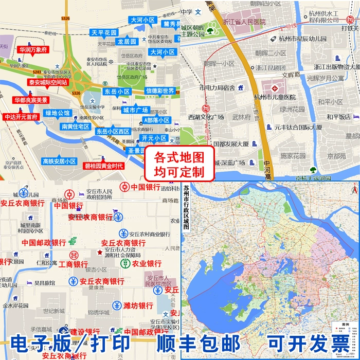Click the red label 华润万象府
pyautogui.click(x=33, y=50)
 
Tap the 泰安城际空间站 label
pyautogui.click(x=48, y=82)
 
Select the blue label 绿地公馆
pyautogui.click(x=58, y=113)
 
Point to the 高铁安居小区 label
pyautogui.click(x=59, y=161)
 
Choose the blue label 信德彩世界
pyautogui.click(x=160, y=91)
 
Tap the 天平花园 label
pyautogui.click(x=104, y=32)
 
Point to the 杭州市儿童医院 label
pyautogui.click(x=275, y=97)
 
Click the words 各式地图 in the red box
pyautogui.click(x=179, y=155)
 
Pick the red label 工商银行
pyautogui.click(x=73, y=264)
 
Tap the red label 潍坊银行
pyautogui.click(x=138, y=305)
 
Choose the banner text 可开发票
pyautogui.click(x=307, y=344)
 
